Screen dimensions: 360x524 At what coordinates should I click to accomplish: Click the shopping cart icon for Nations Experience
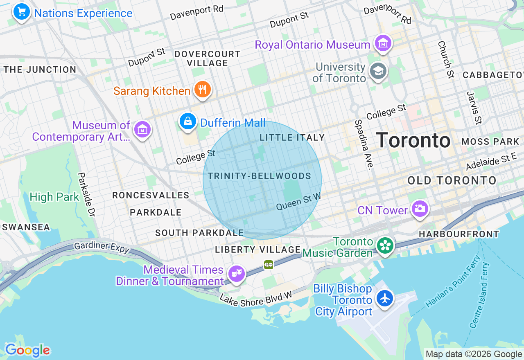pyautogui.click(x=22, y=11)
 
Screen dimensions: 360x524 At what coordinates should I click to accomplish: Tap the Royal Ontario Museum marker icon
pyautogui.click(x=383, y=43)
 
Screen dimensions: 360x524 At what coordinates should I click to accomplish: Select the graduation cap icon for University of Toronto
pyautogui.click(x=378, y=71)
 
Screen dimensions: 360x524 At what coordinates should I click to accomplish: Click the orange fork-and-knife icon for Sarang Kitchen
pyautogui.click(x=202, y=89)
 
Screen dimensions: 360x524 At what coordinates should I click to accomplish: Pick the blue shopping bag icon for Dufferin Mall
pyautogui.click(x=188, y=121)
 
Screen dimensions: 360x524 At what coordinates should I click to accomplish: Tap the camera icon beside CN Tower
pyautogui.click(x=419, y=209)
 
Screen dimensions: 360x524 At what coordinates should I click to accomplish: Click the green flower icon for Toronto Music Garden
pyautogui.click(x=386, y=246)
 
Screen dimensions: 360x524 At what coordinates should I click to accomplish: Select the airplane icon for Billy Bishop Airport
pyautogui.click(x=385, y=298)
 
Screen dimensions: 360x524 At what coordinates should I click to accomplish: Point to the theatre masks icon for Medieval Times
pyautogui.click(x=237, y=273)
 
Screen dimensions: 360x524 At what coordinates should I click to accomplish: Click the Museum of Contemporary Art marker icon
pyautogui.click(x=142, y=129)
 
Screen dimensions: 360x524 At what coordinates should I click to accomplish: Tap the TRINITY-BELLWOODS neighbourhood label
pyautogui.click(x=260, y=176)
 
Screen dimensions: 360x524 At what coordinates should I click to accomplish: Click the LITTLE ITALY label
pyautogui.click(x=292, y=138)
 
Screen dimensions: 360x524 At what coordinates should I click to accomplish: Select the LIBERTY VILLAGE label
pyautogui.click(x=258, y=250)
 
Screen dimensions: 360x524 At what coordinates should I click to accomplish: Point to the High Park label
pyautogui.click(x=54, y=197)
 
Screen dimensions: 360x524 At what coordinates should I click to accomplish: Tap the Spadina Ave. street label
pyautogui.click(x=364, y=144)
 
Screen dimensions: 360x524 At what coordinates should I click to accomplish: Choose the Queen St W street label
pyautogui.click(x=298, y=202)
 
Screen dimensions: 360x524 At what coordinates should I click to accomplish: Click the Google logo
pyautogui.click(x=27, y=351)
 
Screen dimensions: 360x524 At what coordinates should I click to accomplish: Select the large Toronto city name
pyautogui.click(x=413, y=141)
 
